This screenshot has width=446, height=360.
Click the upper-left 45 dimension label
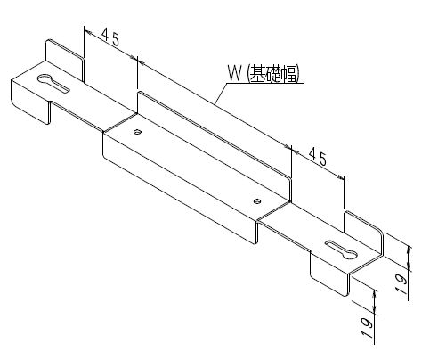pyautogui.click(x=110, y=37)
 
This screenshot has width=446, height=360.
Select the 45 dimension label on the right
pyautogui.click(x=318, y=156)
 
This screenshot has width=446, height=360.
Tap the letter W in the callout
pyautogui.click(x=234, y=73)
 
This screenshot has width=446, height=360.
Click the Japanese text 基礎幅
pyautogui.click(x=273, y=74)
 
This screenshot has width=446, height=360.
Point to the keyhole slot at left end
pyautogui.click(x=53, y=83)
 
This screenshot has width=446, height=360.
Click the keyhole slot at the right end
pyautogui.click(x=341, y=250)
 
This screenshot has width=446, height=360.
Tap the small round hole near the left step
pyautogui.click(x=137, y=131)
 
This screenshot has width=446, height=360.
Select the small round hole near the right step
pyautogui.click(x=257, y=201)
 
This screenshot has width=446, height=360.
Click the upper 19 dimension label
pyautogui.click(x=401, y=283)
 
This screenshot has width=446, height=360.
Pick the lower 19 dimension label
pyautogui.click(x=368, y=328)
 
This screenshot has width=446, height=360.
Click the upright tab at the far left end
pyautogui.click(x=64, y=60)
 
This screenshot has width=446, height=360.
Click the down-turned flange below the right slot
pyautogui.click(x=328, y=274)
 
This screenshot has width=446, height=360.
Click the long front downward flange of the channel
pyautogui.click(x=180, y=187)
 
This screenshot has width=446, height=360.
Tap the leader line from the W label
pyautogui.click(x=221, y=94)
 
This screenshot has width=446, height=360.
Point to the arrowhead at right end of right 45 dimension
pyautogui.click(x=340, y=177)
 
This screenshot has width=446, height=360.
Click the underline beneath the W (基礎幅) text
pyautogui.click(x=265, y=83)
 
